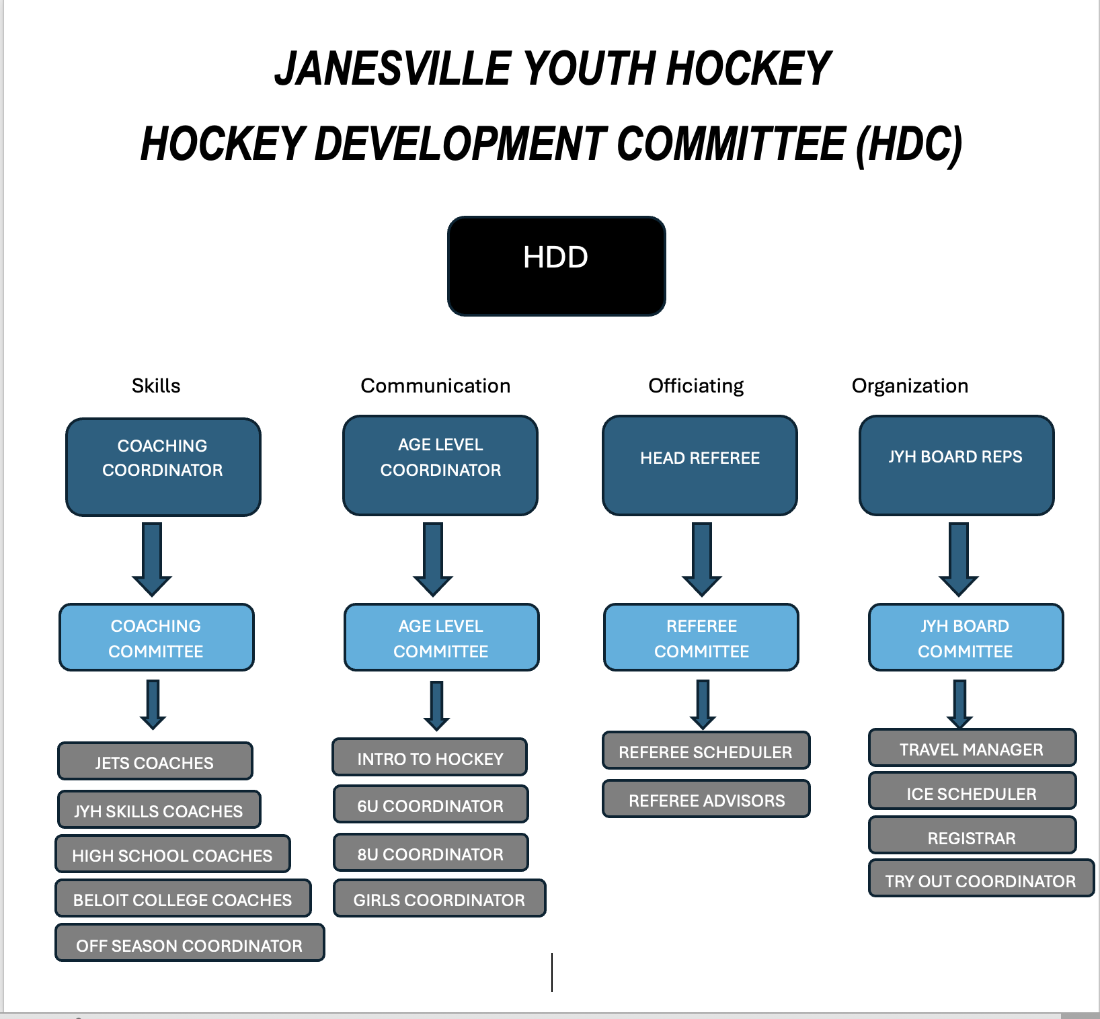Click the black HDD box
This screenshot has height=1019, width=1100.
(x=557, y=266)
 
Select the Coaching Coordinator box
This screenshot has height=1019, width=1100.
(x=163, y=467)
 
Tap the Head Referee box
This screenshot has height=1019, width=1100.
(x=700, y=465)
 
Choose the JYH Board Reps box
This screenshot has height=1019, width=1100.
(x=957, y=465)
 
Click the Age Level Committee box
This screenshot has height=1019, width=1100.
(x=442, y=637)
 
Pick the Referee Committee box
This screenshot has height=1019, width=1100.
(x=701, y=637)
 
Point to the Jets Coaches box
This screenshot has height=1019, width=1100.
(x=155, y=761)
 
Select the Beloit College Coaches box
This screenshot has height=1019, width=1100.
(x=184, y=898)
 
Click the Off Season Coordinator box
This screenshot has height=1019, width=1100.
(x=190, y=942)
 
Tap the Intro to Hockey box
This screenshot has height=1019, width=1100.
(x=430, y=757)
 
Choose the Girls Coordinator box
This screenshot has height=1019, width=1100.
(x=440, y=898)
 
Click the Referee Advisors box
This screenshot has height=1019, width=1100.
(x=707, y=799)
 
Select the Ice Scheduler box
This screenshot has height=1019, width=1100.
(x=973, y=790)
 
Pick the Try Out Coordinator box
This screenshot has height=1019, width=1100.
(x=982, y=878)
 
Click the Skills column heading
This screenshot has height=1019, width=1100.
(x=156, y=386)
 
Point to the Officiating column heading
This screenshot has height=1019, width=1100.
(x=696, y=386)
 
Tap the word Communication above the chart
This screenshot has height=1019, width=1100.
(x=436, y=386)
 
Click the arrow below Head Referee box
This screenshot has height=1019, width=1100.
(x=702, y=560)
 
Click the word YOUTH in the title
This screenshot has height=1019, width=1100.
(x=588, y=69)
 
